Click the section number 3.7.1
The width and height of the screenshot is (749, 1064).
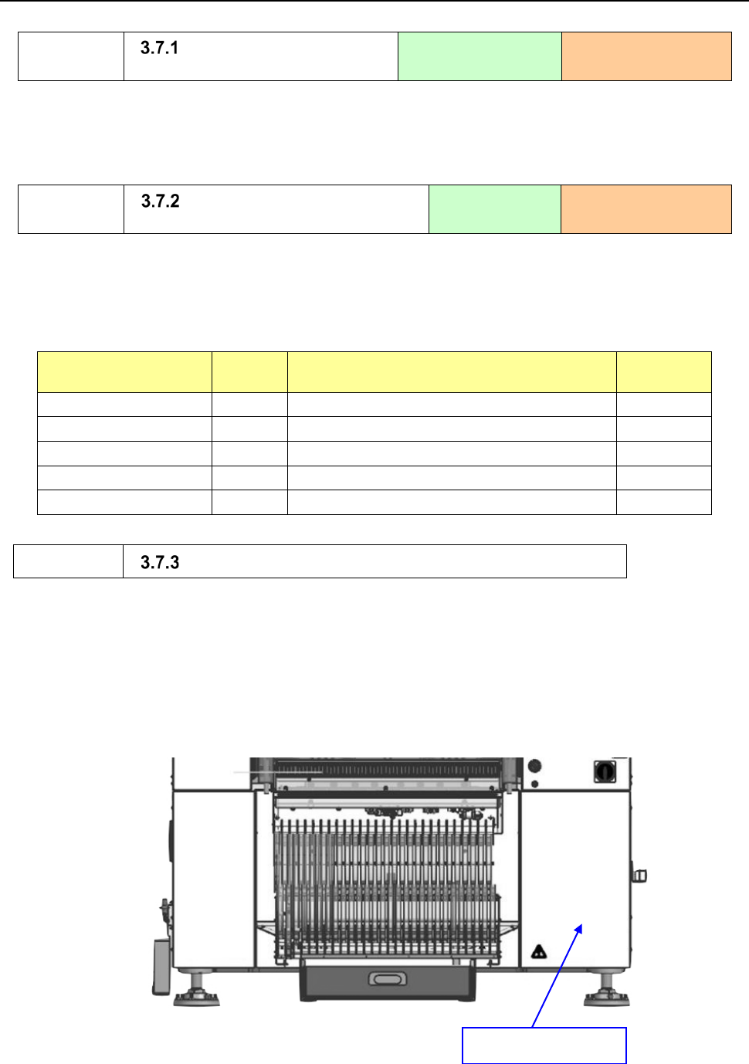(x=159, y=48)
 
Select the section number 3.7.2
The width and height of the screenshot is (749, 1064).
(x=160, y=201)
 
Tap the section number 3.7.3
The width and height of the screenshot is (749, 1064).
(x=160, y=562)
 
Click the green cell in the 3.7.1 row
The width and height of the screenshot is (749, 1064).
(x=480, y=56)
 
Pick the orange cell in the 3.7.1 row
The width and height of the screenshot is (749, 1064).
(x=646, y=56)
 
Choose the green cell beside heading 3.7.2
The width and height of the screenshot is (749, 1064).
(x=494, y=209)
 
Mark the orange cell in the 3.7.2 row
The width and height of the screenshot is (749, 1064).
(x=646, y=209)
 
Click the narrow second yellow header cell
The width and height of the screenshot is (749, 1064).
(x=249, y=372)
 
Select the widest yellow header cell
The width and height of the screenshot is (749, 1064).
(x=452, y=372)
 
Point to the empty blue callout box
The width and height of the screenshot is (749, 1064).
(x=544, y=1045)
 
